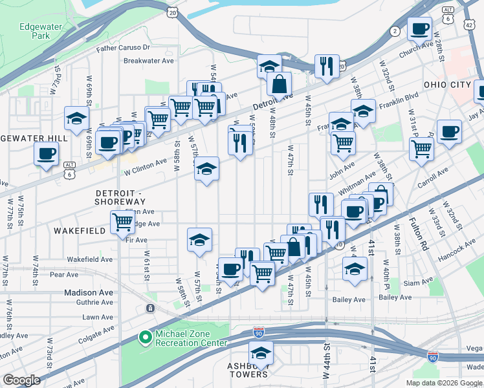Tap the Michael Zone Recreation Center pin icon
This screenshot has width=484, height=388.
click(145, 338)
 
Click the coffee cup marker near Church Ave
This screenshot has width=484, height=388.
click(419, 29)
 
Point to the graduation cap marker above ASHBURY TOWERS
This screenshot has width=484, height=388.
click(261, 354)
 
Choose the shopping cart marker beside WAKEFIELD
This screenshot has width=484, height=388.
click(122, 223)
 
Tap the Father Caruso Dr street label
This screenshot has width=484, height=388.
click(123, 48)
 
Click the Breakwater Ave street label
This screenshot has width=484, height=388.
click(149, 61)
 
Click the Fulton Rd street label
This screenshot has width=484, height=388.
click(418, 234)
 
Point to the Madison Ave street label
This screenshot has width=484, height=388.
click(89, 292)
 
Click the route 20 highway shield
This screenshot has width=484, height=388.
click(172, 12)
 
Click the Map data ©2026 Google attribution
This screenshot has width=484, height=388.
click(443, 383)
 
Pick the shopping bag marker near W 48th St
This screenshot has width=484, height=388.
click(279, 84)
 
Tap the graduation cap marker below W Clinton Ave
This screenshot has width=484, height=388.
click(207, 169)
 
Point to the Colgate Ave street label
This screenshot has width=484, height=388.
click(95, 331)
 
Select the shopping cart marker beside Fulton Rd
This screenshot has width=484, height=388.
click(421, 148)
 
